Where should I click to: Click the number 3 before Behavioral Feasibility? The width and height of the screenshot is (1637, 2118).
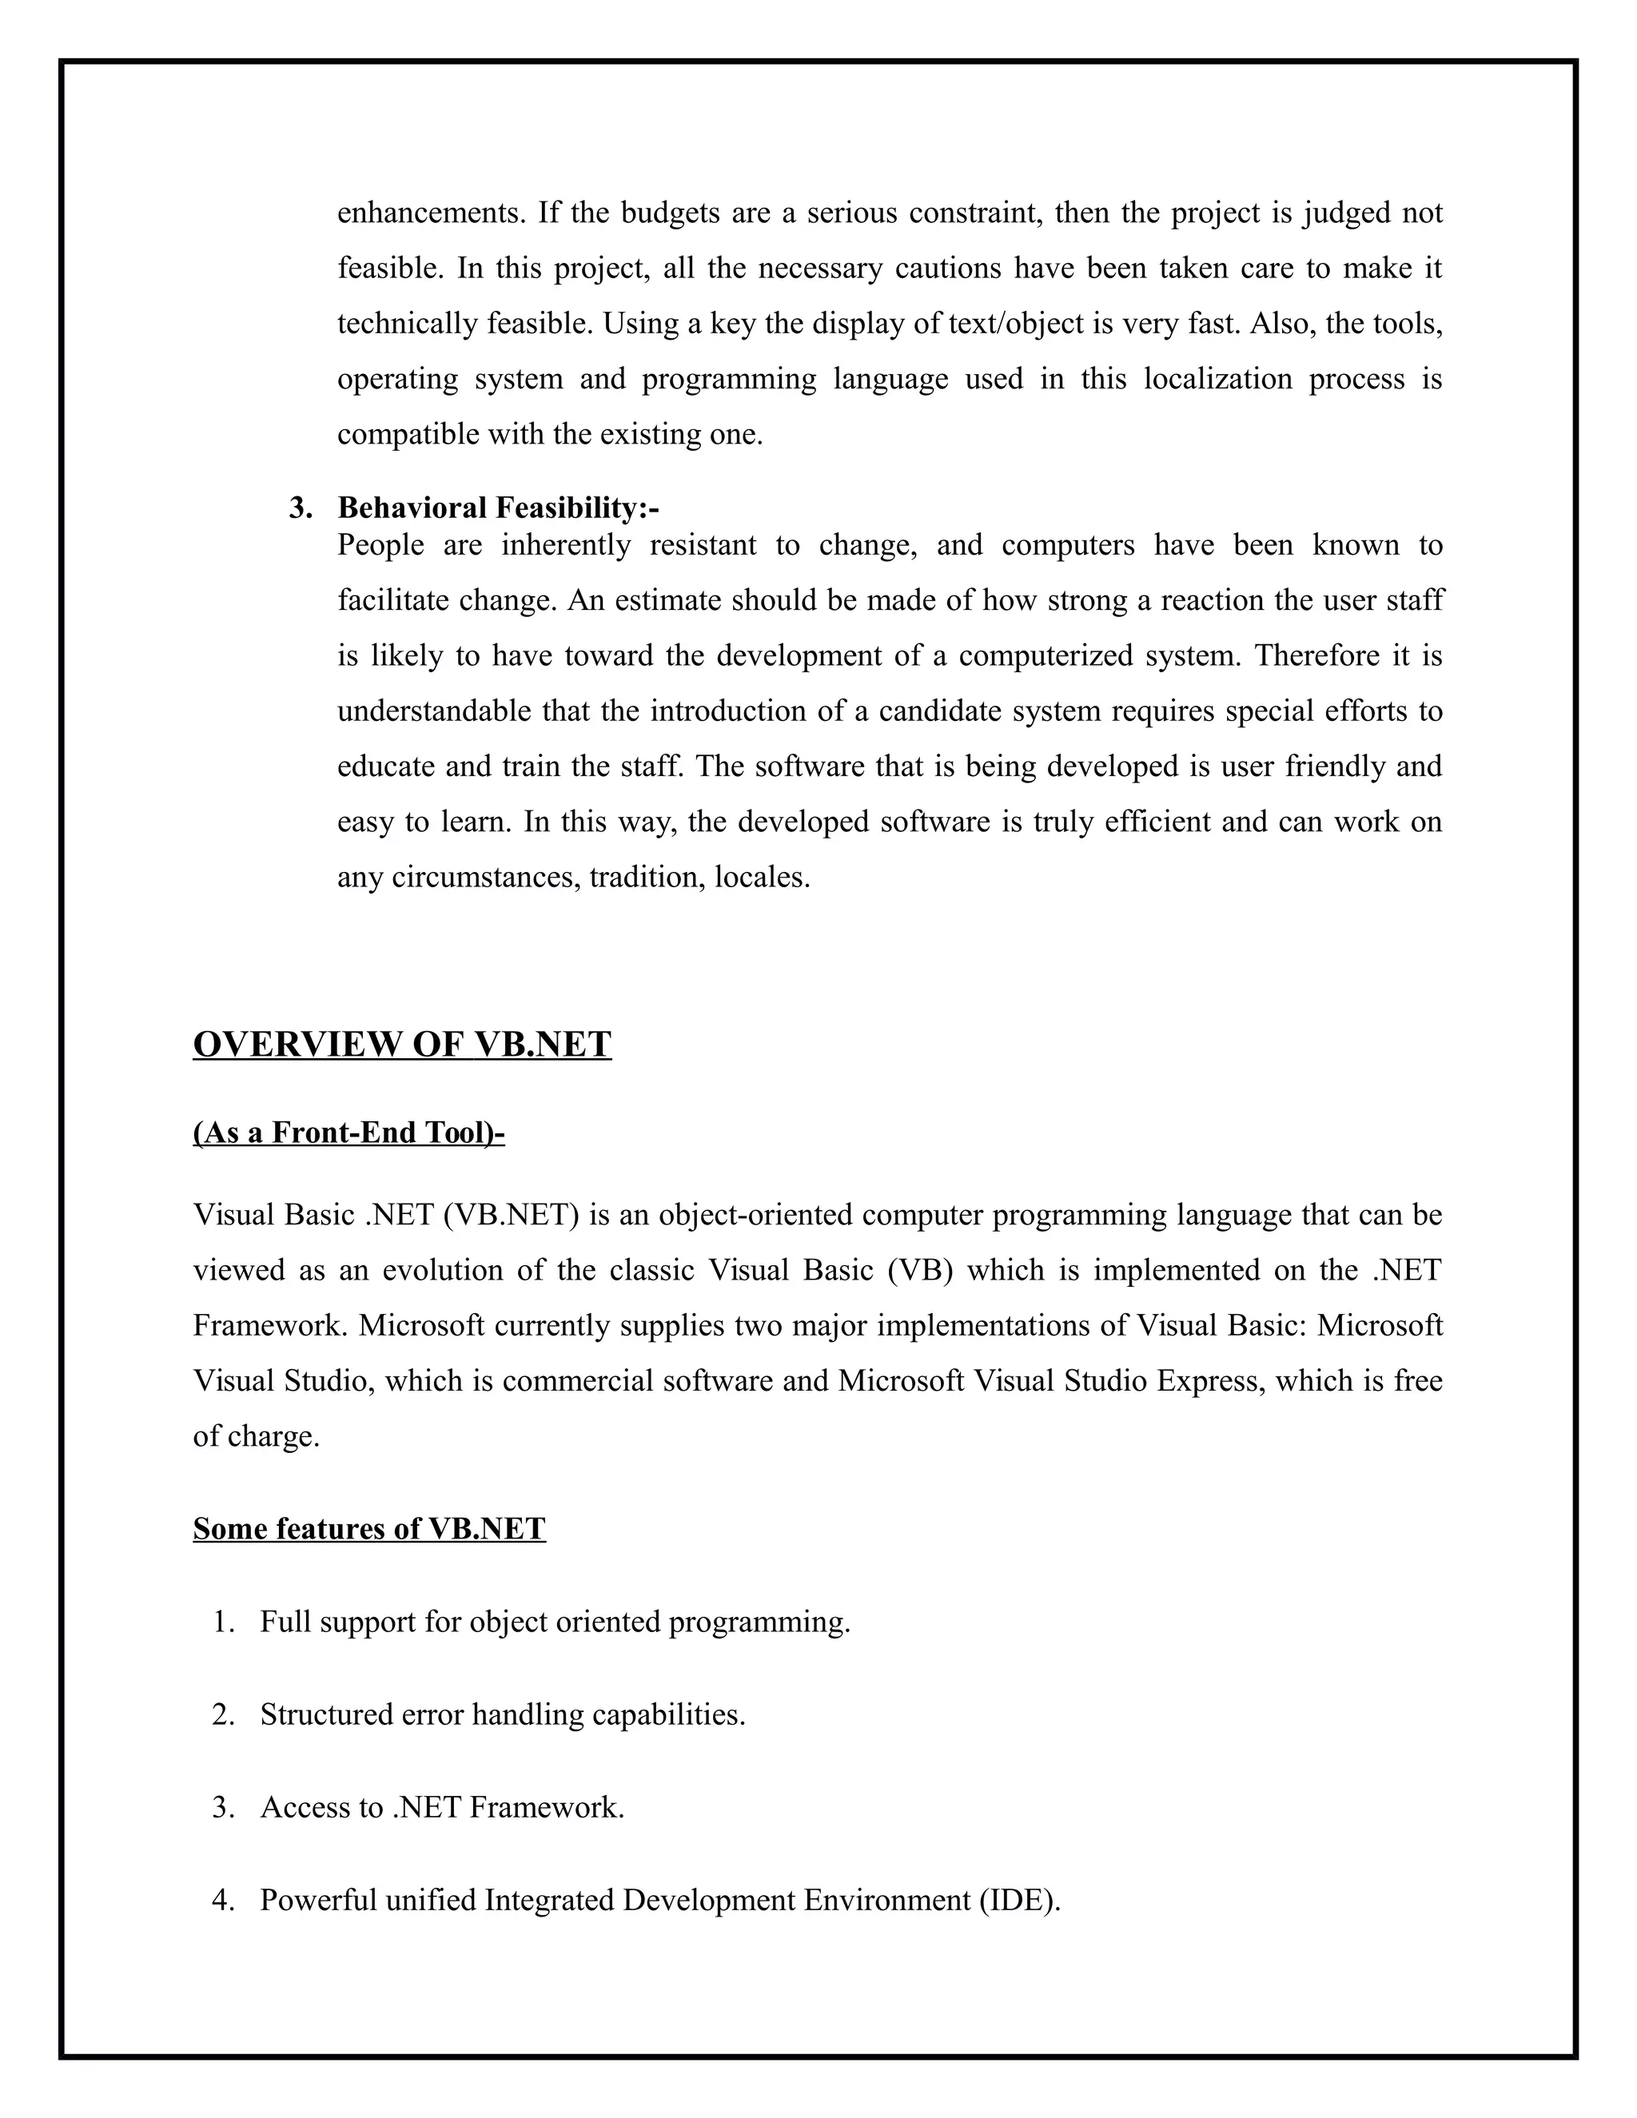click(x=300, y=508)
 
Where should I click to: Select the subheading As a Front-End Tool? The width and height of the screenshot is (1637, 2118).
click(x=349, y=1133)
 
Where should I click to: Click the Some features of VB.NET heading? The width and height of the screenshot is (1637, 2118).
click(x=368, y=1529)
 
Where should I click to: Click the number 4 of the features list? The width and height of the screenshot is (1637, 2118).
click(x=222, y=1900)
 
